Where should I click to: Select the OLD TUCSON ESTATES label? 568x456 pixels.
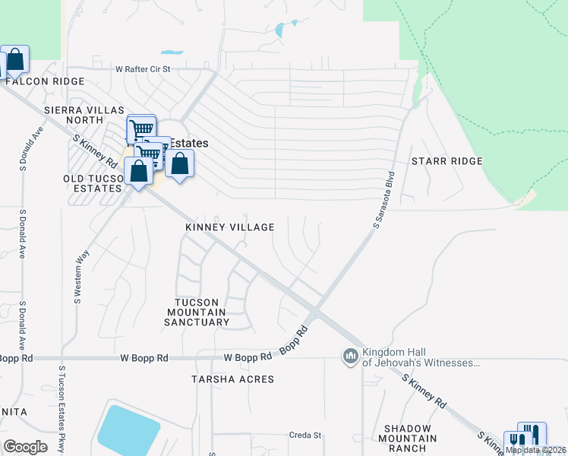coord(92,182)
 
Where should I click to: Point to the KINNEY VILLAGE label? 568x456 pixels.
coord(230,227)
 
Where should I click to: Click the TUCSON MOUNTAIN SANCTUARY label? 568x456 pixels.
coord(197,312)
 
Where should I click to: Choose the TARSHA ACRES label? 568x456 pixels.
coord(232,378)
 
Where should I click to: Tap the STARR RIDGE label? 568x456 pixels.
coord(447,161)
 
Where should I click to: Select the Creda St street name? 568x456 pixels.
coord(306,435)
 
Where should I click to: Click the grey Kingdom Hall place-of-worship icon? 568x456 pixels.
coord(350,356)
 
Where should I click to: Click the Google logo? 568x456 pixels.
coord(25,447)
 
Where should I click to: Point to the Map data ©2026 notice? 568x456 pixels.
coord(536,450)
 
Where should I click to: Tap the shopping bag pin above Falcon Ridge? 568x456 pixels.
coord(14,59)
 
